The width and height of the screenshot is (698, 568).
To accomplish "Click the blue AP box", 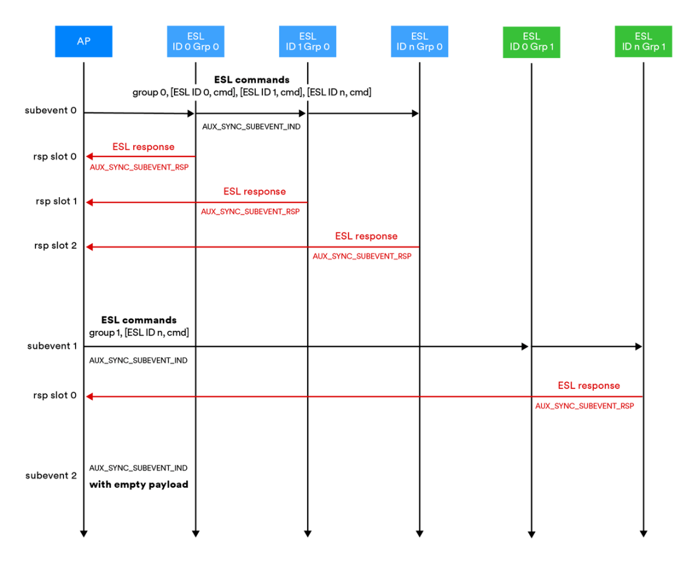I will click(83, 41).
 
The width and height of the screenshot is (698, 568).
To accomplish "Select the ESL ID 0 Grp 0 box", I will click(195, 41).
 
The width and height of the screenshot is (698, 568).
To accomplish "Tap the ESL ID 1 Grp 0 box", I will click(308, 41).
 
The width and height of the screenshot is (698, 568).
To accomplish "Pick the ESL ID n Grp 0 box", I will click(419, 41).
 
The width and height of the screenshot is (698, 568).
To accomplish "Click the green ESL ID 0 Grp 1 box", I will click(531, 42).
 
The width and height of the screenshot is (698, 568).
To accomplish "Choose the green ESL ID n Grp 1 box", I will click(643, 42).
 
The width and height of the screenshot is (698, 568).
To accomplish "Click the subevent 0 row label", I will click(50, 110).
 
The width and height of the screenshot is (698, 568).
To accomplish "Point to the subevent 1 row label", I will click(52, 346).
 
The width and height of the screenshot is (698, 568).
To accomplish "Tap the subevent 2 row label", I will click(50, 476).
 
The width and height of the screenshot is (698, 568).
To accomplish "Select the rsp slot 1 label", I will click(56, 202).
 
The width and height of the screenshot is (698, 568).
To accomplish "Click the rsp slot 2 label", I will click(56, 246).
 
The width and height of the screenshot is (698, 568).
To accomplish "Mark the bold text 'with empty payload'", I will click(138, 484).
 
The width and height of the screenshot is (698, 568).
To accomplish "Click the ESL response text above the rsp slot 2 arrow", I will click(366, 237).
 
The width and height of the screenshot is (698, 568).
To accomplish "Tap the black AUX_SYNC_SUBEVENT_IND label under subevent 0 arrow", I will click(251, 127).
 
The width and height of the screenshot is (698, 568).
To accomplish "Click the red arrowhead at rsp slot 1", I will click(90, 202).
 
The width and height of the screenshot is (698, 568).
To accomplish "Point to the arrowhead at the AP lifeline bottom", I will click(83, 533).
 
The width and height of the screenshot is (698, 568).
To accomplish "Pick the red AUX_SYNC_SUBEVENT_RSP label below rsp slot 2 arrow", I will click(362, 257).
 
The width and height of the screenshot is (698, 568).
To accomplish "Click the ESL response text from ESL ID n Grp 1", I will click(589, 386).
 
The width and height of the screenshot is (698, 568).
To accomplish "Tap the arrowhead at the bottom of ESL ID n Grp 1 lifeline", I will click(643, 533).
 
